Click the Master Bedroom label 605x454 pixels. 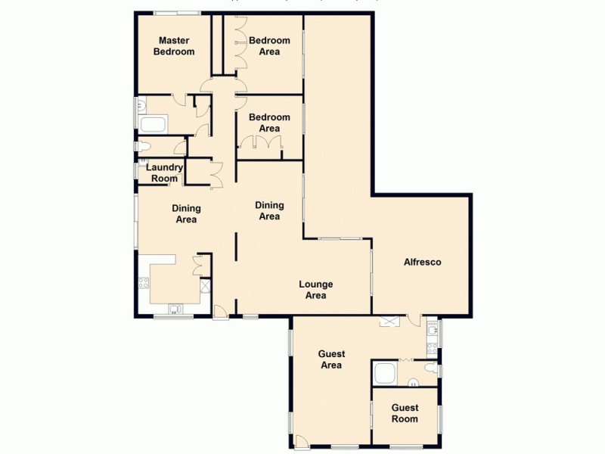point(174,46)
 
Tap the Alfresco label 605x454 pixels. point(422,262)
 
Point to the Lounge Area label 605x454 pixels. point(315,290)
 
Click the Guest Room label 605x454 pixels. point(404,413)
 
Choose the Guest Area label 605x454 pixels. point(331,359)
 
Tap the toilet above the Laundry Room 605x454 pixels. point(143,146)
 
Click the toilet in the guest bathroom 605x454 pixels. point(430,368)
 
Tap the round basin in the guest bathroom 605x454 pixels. point(414,381)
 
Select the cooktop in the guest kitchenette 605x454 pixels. point(432,349)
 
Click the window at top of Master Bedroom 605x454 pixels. point(176,12)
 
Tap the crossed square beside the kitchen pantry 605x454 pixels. point(204,287)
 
